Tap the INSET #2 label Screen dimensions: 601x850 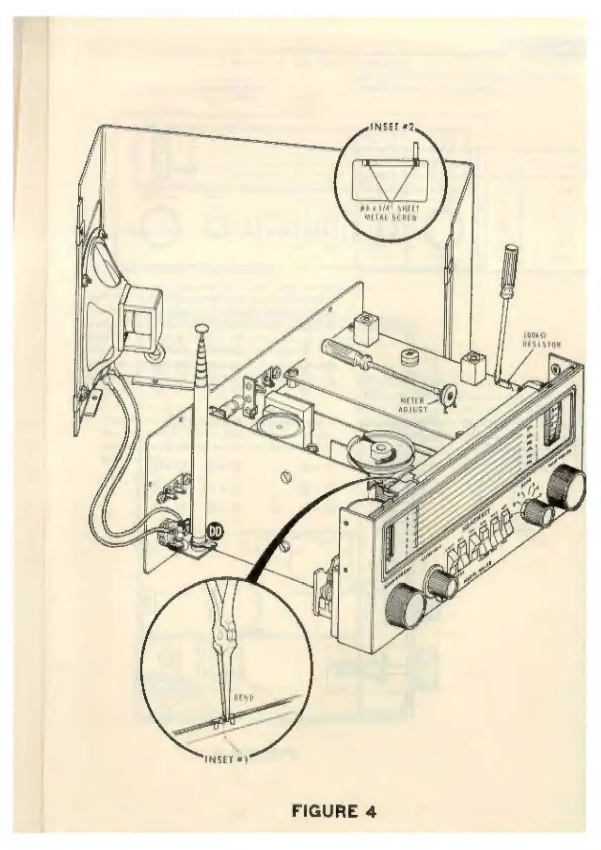[x=392, y=127]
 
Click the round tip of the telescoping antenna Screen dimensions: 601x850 [x=201, y=328]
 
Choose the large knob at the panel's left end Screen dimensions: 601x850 [x=405, y=606]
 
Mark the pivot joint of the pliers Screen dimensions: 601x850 [x=223, y=636]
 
